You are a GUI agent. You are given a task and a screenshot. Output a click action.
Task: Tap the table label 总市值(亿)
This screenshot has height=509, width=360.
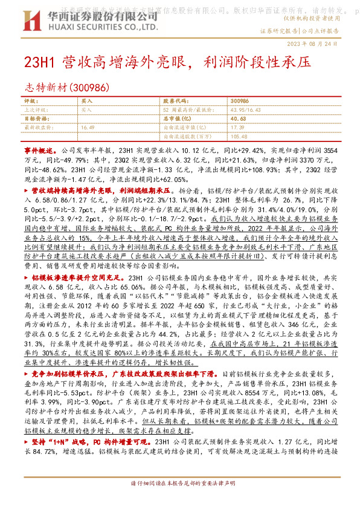point(174,119)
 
